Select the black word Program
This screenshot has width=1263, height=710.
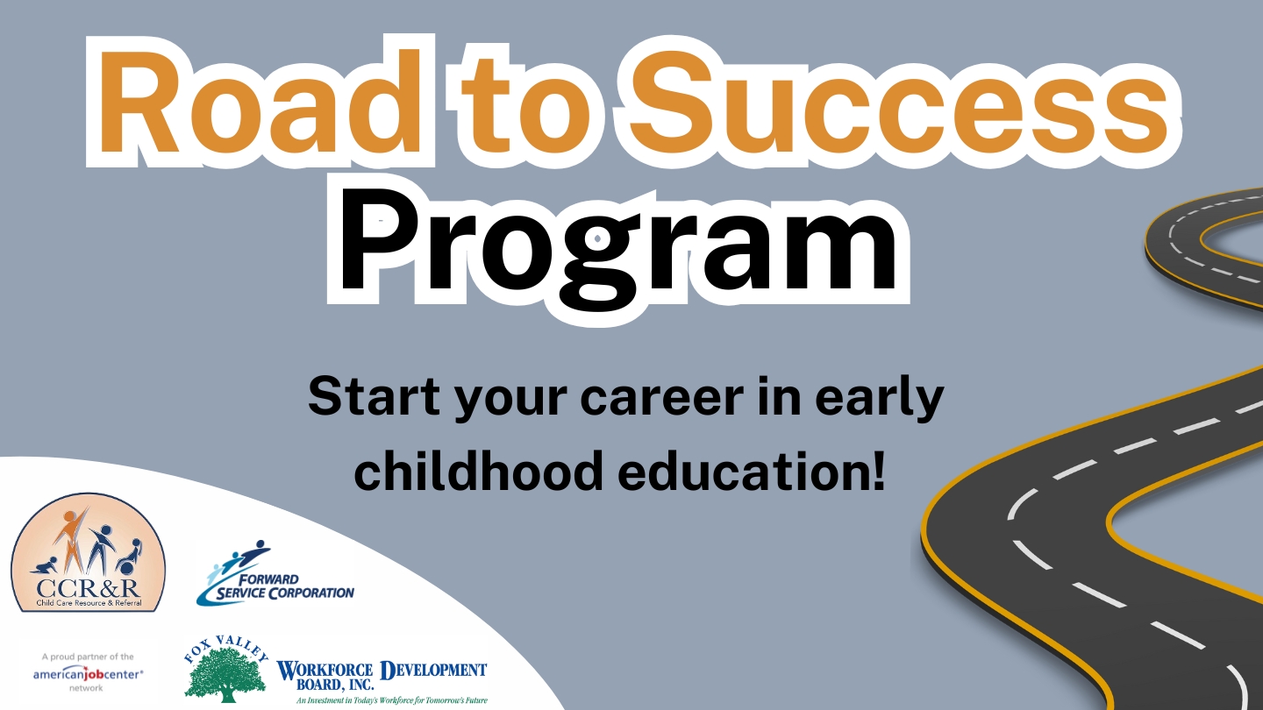click(618, 250)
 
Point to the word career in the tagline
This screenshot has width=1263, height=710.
click(662, 397)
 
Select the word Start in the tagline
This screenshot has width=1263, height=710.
click(374, 397)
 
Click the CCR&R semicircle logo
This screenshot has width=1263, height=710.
click(89, 553)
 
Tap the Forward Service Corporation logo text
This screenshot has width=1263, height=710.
click(285, 586)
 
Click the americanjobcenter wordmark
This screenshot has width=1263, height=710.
click(88, 673)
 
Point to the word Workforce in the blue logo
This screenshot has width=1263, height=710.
click(325, 671)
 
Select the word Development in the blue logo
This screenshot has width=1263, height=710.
click(433, 670)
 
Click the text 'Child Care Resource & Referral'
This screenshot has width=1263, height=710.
click(89, 603)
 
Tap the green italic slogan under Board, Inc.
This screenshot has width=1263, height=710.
click(392, 700)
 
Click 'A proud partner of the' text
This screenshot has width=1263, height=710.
click(88, 657)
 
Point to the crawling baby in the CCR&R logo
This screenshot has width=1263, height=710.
click(45, 565)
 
